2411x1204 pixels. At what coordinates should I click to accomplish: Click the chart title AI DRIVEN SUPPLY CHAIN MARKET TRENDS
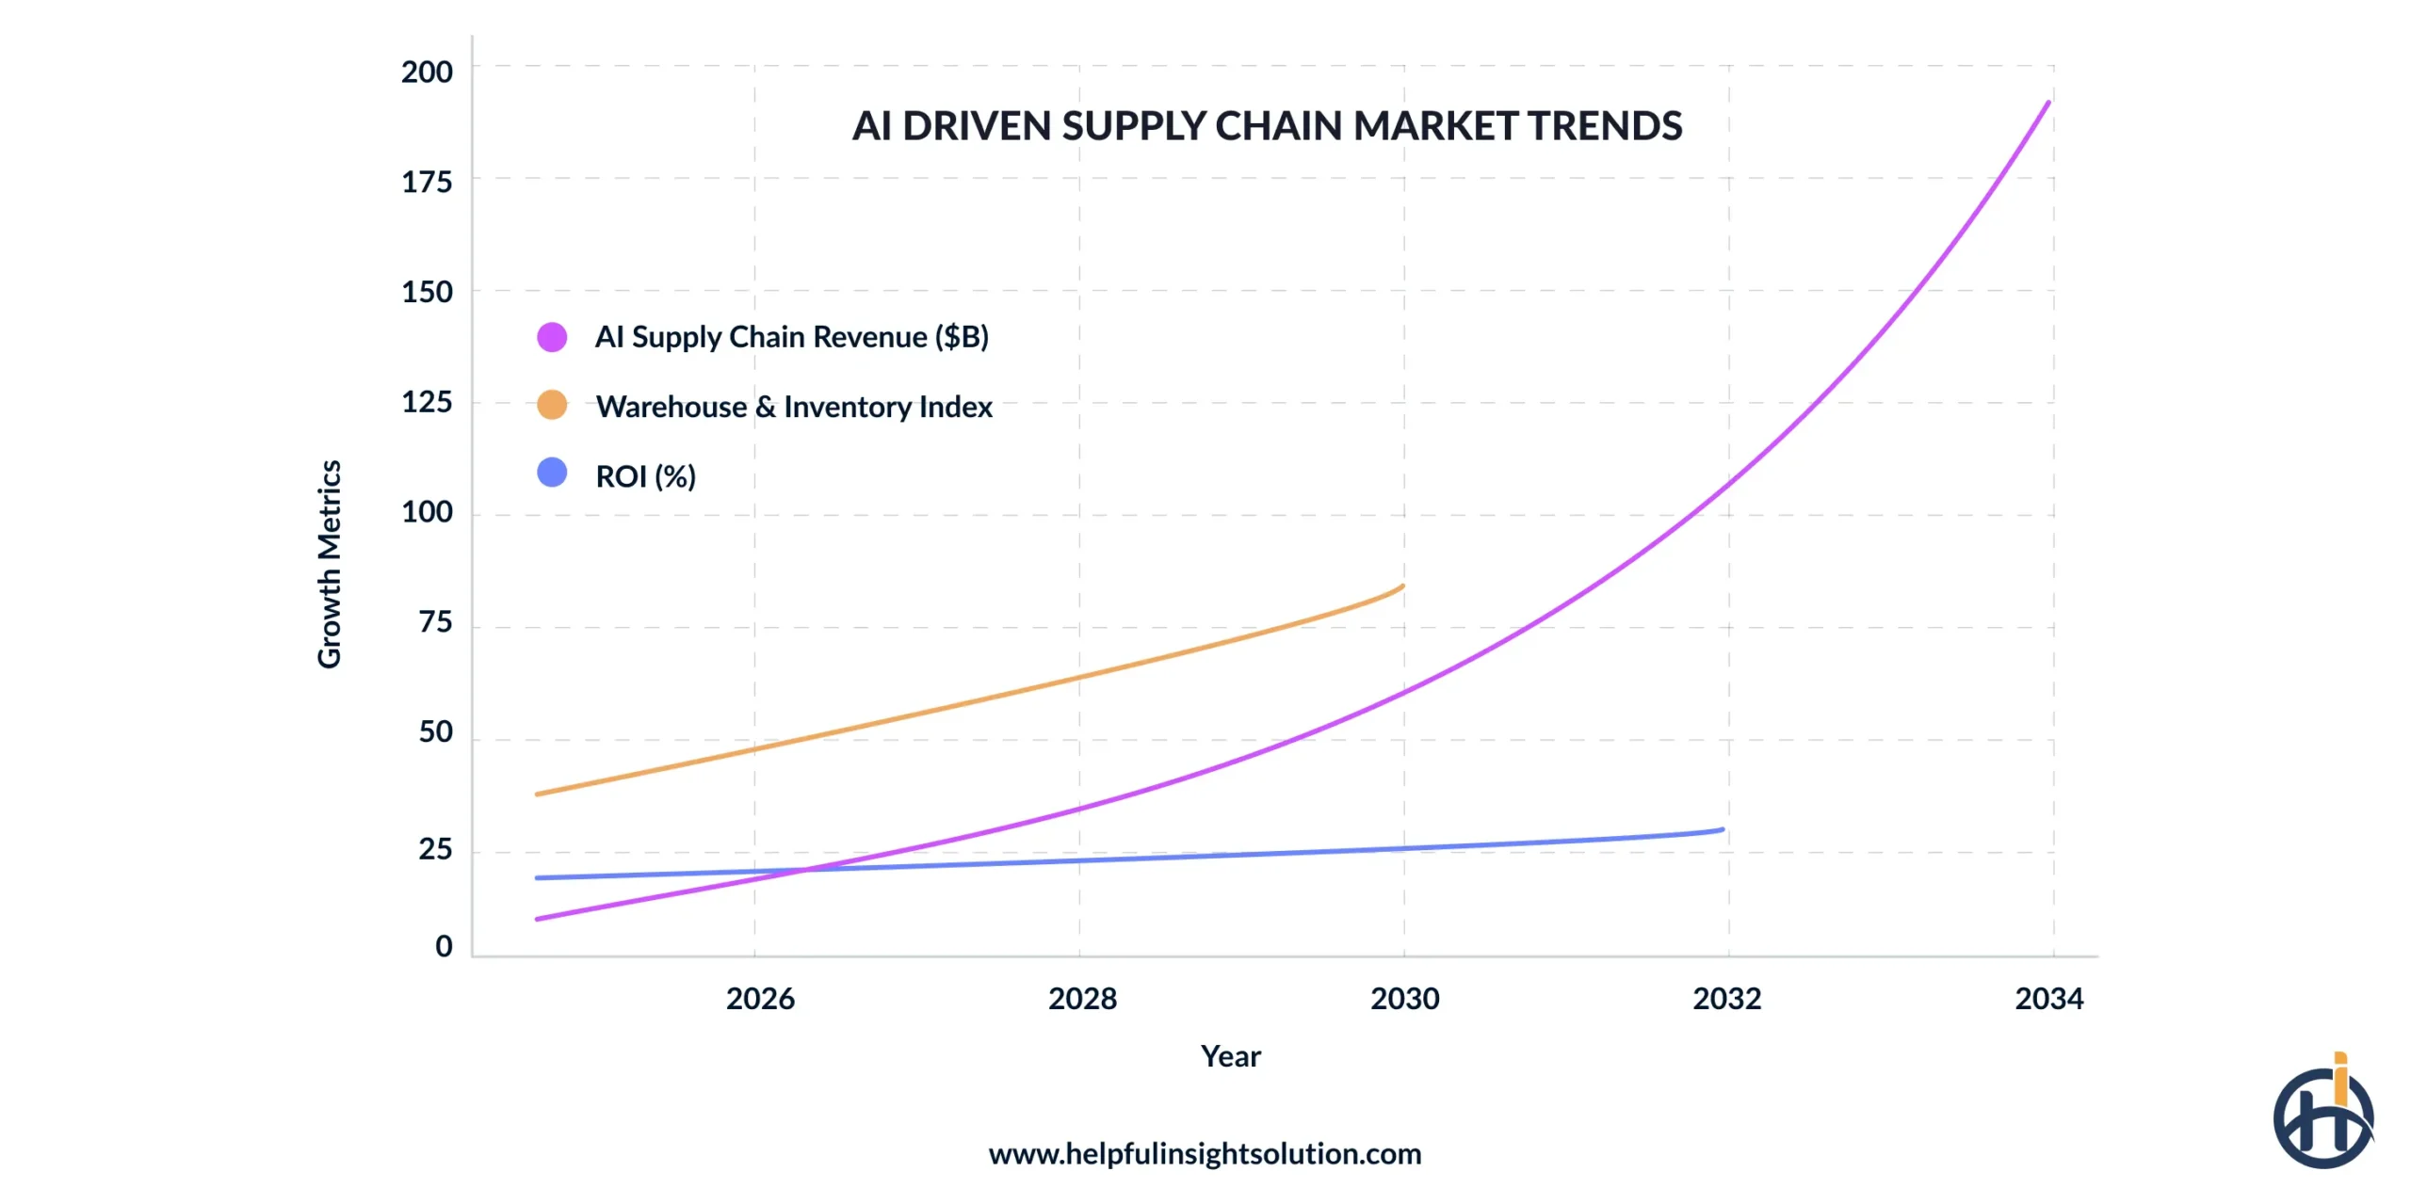[1266, 126]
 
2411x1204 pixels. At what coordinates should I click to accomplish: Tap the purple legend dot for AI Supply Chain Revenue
[552, 337]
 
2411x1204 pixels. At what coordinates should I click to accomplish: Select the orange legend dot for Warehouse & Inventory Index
[552, 406]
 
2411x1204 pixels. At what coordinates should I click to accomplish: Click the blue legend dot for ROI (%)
[552, 473]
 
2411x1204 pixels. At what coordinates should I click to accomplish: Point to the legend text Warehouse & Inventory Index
[794, 407]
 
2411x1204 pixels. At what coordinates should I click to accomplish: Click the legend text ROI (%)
[645, 476]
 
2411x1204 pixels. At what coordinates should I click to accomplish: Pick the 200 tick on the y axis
[427, 72]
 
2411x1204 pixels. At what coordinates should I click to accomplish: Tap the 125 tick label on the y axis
[427, 403]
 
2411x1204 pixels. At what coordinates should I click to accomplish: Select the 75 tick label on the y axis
[435, 622]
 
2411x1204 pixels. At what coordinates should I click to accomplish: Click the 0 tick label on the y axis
[444, 946]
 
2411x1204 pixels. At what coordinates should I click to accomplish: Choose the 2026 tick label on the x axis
[760, 999]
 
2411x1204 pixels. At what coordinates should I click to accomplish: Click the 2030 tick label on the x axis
[1404, 999]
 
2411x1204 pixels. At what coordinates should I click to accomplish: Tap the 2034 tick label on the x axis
[2048, 999]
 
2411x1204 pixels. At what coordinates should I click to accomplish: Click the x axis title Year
[1230, 1056]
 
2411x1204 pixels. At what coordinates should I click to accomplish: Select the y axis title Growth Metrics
[330, 564]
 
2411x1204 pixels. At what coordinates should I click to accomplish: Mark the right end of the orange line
[1402, 586]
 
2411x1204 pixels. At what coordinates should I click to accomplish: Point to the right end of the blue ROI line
[1722, 830]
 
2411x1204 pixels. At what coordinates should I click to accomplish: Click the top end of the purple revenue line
[2047, 103]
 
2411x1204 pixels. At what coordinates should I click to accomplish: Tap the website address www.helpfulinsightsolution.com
[1205, 1154]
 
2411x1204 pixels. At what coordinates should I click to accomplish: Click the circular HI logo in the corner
[2322, 1116]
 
